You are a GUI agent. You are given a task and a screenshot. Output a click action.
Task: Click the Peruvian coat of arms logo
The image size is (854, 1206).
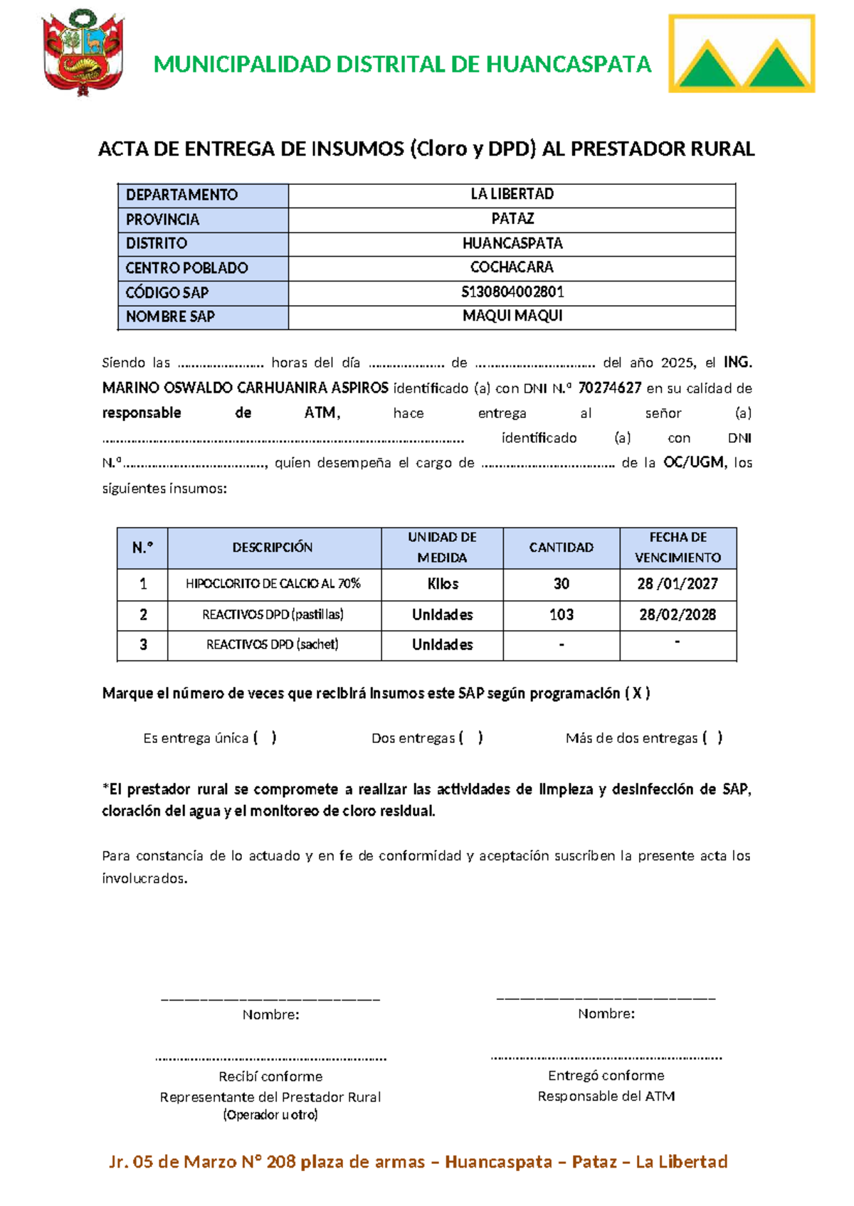click(x=83, y=53)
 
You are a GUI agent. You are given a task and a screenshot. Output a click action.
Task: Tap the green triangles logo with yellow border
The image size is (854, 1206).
click(x=742, y=54)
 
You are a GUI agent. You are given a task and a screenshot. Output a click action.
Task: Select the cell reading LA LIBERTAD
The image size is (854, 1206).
click(x=512, y=194)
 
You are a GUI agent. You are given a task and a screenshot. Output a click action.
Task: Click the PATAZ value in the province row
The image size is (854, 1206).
click(x=512, y=219)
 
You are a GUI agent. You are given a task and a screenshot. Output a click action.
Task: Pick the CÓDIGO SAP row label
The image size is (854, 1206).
click(x=167, y=292)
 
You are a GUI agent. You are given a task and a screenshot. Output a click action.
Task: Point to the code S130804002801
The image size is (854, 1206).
click(x=512, y=292)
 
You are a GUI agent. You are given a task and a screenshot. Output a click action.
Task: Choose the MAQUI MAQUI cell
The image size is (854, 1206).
click(x=512, y=316)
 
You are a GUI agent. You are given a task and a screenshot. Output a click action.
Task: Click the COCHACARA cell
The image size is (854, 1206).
click(x=512, y=267)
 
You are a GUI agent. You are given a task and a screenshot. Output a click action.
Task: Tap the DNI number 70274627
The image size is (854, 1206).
click(x=609, y=388)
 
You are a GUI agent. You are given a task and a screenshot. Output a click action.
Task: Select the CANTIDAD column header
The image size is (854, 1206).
click(x=561, y=548)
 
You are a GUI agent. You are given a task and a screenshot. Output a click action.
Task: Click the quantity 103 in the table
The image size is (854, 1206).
click(x=561, y=614)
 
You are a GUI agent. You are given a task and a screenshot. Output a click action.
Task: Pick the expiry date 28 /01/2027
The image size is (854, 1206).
click(x=677, y=584)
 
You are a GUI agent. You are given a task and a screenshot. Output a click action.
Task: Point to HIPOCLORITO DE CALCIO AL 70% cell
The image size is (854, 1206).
click(x=273, y=584)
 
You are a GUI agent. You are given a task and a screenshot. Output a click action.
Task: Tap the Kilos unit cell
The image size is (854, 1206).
click(x=442, y=584)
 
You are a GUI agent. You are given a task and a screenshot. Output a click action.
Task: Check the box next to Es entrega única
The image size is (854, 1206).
click(x=265, y=738)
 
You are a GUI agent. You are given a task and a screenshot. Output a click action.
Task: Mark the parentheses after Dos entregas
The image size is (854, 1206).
click(x=471, y=738)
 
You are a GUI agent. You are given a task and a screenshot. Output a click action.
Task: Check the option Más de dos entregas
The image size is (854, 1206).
click(x=712, y=738)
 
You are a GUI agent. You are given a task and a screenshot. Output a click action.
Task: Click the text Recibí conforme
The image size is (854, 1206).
click(x=270, y=1077)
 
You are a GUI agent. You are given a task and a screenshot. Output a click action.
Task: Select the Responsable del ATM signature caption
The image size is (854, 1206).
click(x=606, y=1096)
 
